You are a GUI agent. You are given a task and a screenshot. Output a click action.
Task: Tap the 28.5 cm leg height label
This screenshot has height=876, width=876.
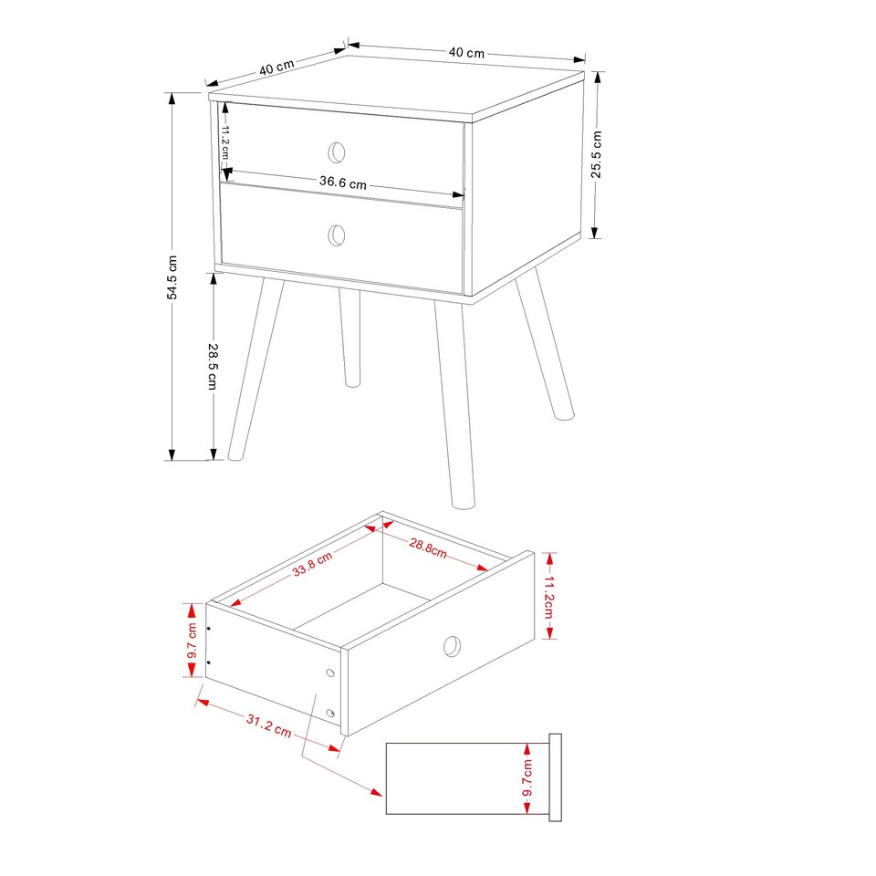(x=213, y=366)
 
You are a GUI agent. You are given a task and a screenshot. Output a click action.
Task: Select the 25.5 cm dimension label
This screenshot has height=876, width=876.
(x=597, y=155)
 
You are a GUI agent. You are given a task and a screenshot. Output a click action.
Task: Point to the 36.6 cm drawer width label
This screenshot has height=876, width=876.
(x=342, y=182)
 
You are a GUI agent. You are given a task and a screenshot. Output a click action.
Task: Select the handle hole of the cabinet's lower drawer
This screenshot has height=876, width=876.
(x=337, y=235)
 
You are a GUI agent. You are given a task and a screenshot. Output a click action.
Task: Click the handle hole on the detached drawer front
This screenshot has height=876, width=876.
(x=452, y=646)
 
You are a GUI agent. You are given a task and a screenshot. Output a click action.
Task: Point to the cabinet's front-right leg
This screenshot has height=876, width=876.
(x=455, y=401)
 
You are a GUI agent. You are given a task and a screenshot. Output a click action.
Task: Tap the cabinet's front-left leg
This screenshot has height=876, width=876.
(x=255, y=365)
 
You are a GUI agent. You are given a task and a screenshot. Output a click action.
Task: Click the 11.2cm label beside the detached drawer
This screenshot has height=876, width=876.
(x=549, y=595)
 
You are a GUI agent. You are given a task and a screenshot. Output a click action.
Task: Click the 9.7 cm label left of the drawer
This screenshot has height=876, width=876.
(x=192, y=641)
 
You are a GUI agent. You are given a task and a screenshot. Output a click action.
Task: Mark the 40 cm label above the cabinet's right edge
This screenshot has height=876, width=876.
(x=466, y=53)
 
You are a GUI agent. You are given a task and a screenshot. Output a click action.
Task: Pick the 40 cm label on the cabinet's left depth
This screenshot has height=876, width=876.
(x=276, y=67)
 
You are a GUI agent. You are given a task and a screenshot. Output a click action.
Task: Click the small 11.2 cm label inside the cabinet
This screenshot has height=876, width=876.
(x=224, y=141)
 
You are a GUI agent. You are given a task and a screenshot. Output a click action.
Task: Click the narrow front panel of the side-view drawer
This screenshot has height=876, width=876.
(x=554, y=777)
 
